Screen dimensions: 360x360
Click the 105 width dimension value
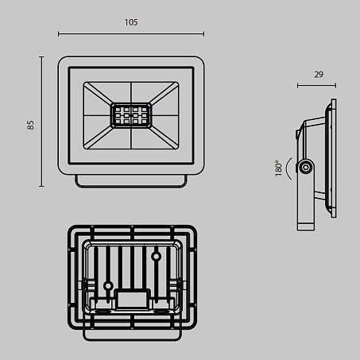pos(131,22)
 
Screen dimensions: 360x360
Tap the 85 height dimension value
pos(30,125)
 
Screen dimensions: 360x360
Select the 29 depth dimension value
pos(319,75)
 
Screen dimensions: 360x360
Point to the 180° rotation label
pos(278,168)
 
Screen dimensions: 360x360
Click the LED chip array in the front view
pos(131,116)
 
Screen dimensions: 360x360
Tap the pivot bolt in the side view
pos(306,168)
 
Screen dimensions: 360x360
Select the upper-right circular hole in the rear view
pos(156,256)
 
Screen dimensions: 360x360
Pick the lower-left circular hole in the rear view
pos(108,286)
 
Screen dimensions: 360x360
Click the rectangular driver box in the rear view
pos(133,300)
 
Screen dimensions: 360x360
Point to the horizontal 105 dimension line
pos(131,33)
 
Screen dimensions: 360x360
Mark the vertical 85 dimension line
pos(41,122)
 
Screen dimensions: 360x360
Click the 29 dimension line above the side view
pos(316,85)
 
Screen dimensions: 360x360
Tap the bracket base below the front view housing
pos(131,181)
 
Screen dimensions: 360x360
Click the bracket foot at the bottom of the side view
pos(306,226)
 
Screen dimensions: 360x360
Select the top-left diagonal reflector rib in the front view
pos(98,93)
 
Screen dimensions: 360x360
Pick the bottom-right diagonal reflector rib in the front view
pos(164,137)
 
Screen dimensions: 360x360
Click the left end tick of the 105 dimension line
pos(59,33)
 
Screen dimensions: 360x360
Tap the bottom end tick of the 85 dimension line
pos(41,186)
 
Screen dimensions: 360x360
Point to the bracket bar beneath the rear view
pos(132,335)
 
